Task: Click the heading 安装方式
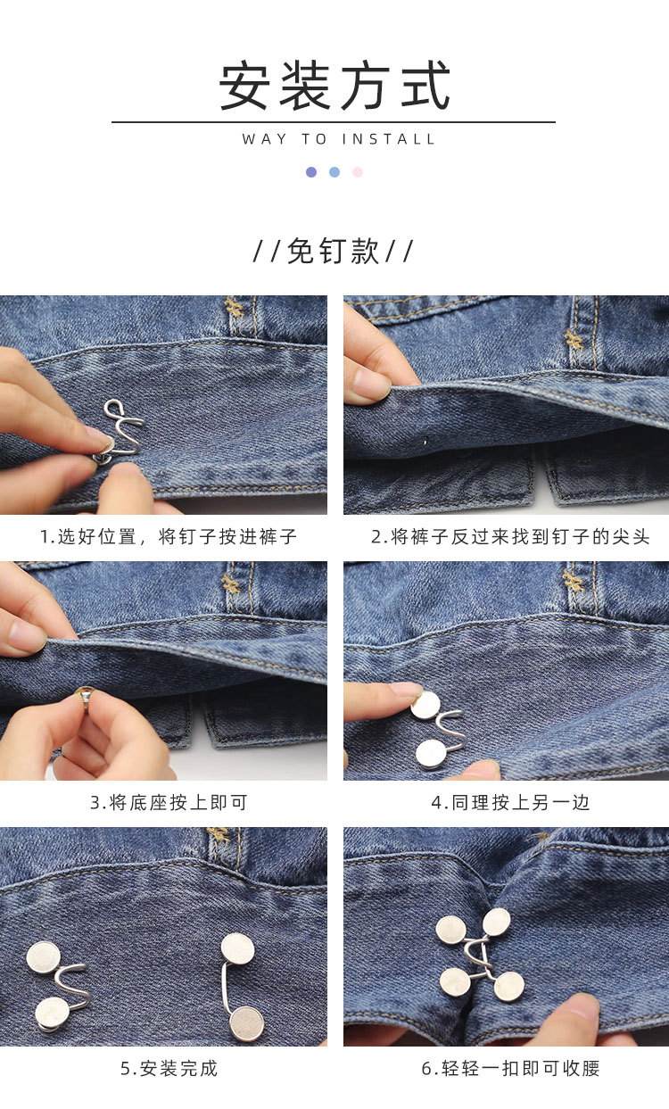tap(334, 87)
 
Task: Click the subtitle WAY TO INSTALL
tap(339, 139)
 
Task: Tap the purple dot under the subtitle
tap(311, 172)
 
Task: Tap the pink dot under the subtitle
tap(358, 172)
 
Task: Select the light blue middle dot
tap(334, 172)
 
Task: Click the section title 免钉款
tap(334, 251)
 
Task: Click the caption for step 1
tap(169, 536)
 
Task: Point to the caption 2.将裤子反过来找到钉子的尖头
tap(510, 536)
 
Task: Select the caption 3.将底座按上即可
tap(169, 802)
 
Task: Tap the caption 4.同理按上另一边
tap(510, 802)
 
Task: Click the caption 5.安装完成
tap(169, 1068)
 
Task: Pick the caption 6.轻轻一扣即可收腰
tap(510, 1068)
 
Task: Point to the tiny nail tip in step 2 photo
tap(425, 441)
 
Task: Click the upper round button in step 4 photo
tap(425, 706)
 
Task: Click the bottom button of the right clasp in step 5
tap(247, 1022)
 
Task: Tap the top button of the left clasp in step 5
tap(43, 957)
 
